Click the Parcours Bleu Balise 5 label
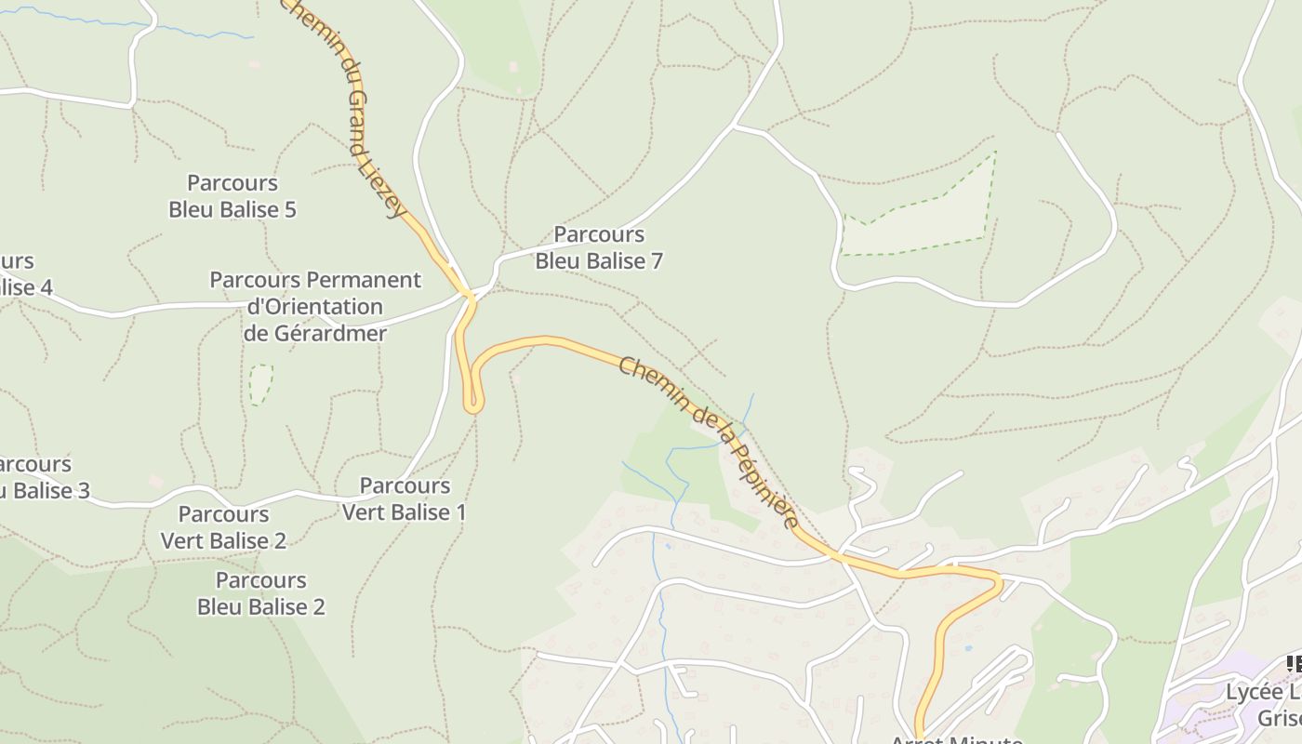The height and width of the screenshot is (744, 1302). pyautogui.click(x=232, y=196)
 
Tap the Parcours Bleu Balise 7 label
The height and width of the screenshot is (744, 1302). pyautogui.click(x=599, y=247)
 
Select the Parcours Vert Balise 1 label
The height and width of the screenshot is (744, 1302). pyautogui.click(x=405, y=498)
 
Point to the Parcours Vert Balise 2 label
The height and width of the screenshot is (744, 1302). pyautogui.click(x=223, y=527)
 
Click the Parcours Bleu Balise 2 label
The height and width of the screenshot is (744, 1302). pyautogui.click(x=261, y=593)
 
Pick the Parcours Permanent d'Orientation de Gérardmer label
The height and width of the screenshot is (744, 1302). pyautogui.click(x=315, y=306)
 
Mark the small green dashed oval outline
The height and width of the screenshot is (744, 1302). pyautogui.click(x=261, y=384)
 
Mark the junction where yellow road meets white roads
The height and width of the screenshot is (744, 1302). pyautogui.click(x=472, y=297)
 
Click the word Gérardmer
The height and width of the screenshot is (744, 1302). pyautogui.click(x=315, y=333)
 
